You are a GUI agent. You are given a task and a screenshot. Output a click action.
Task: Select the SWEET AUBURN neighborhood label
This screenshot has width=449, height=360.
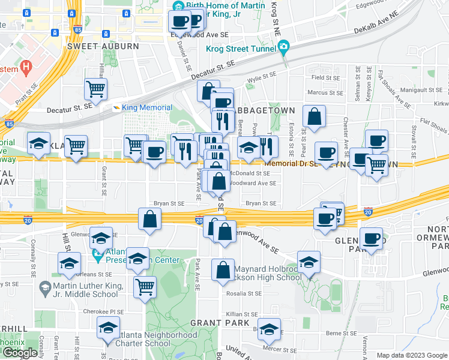[103, 46]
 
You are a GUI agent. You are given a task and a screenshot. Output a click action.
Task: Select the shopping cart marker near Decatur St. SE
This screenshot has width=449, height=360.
[96, 89]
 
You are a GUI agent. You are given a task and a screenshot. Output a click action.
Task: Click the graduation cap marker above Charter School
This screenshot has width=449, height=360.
[108, 327]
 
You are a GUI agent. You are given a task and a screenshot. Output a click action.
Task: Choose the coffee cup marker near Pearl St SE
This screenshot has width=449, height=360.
[326, 152]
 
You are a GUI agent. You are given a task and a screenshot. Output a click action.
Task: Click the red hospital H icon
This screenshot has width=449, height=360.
[26, 67]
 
